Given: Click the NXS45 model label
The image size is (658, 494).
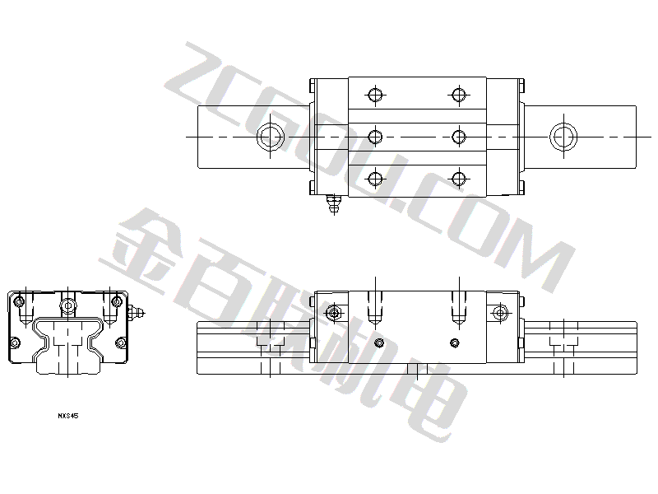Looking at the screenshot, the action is (x=68, y=416).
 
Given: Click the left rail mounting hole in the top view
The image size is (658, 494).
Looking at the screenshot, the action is (x=271, y=137).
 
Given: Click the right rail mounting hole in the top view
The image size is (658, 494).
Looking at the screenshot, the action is (x=563, y=137).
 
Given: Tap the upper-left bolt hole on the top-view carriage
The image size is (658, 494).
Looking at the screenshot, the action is (x=375, y=95).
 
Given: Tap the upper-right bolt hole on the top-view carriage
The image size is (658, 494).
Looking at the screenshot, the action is (x=459, y=95).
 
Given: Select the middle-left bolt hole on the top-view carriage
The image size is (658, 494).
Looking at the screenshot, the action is (x=375, y=137).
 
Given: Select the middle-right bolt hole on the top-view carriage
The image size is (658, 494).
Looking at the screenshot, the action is (x=459, y=137).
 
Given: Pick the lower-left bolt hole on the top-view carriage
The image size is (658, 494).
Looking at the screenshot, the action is (x=375, y=179).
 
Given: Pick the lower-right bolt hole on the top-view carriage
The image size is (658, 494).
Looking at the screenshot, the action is (x=459, y=179).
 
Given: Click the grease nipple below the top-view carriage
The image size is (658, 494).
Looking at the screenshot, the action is (x=334, y=203).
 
